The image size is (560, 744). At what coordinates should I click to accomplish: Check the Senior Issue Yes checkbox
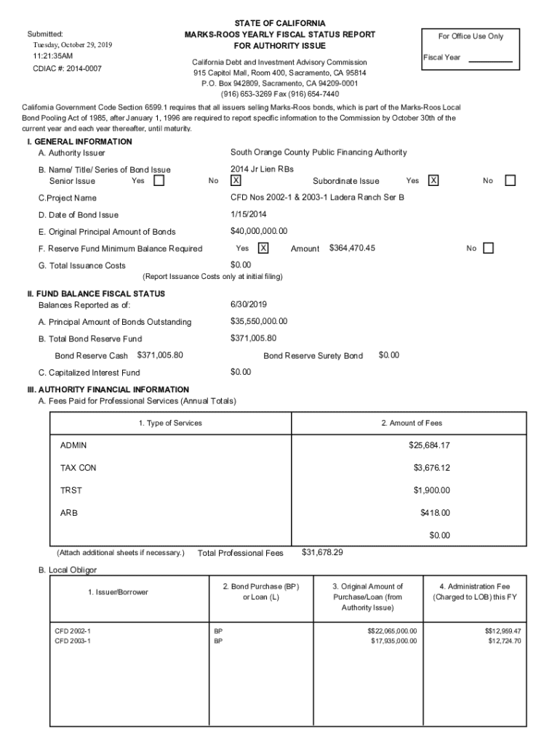(159, 181)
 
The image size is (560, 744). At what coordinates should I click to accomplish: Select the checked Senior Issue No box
(236, 181)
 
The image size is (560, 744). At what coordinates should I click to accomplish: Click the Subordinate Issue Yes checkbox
(433, 181)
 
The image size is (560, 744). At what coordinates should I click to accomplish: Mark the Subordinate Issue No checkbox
(510, 181)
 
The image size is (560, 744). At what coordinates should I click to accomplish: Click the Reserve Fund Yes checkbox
(263, 248)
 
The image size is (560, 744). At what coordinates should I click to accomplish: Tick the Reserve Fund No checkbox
(487, 248)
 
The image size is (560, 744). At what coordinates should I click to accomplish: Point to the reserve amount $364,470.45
(352, 248)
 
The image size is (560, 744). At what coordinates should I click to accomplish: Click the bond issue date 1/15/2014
(247, 214)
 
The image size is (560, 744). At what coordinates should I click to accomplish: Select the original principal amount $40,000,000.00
(258, 232)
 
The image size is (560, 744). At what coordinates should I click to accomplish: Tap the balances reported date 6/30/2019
(247, 304)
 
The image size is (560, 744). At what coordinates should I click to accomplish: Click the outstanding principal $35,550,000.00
(258, 321)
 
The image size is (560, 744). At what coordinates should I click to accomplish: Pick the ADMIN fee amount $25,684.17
(429, 445)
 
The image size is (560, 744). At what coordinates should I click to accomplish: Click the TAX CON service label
(78, 468)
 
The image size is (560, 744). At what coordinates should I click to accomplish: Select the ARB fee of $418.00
(435, 513)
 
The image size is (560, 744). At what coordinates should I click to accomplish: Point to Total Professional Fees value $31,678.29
(322, 552)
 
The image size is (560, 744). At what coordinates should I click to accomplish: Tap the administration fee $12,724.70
(504, 641)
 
